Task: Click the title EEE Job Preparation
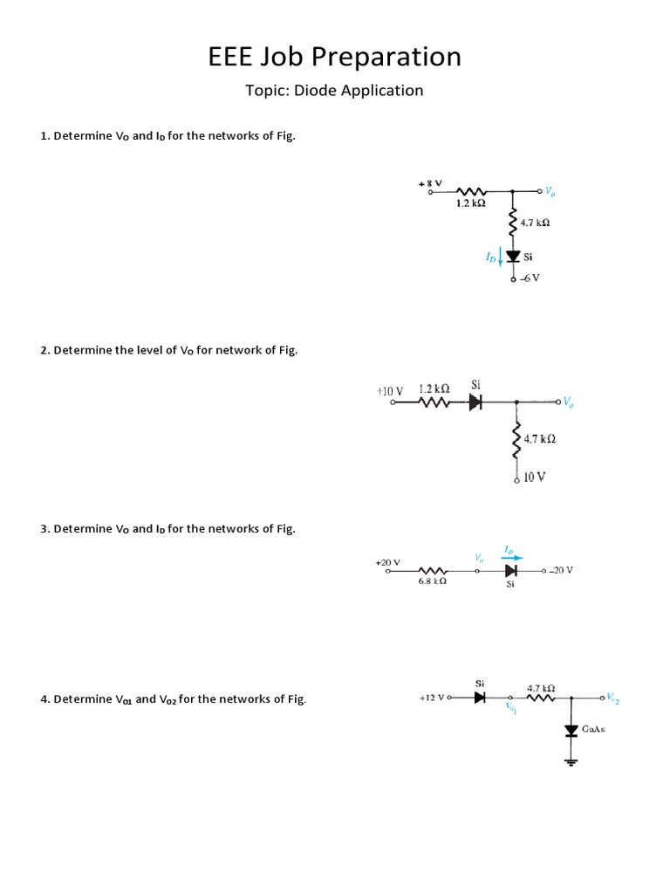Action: tap(334, 58)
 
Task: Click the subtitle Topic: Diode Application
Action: tap(334, 91)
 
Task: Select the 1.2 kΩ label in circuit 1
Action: tap(470, 203)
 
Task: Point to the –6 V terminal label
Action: tap(530, 279)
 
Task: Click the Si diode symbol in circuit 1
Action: tap(513, 257)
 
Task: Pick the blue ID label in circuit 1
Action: tap(490, 258)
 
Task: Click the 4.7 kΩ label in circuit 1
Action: tap(534, 223)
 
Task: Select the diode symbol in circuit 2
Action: tap(475, 402)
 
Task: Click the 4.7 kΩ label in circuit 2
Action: tap(540, 439)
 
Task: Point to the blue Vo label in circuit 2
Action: tap(568, 402)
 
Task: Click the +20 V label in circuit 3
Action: tap(387, 562)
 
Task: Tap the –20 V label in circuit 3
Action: tap(561, 570)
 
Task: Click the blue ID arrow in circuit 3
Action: tap(512, 558)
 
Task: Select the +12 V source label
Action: tap(432, 698)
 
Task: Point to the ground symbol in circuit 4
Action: tap(572, 761)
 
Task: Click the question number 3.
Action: tap(44, 529)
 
